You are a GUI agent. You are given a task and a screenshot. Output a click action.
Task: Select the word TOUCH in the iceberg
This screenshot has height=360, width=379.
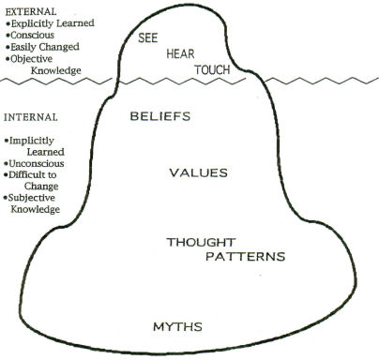coord(213,70)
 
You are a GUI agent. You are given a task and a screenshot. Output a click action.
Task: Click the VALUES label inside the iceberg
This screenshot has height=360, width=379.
coord(197,172)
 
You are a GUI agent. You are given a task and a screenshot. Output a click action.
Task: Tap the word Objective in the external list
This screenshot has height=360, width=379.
coord(37,58)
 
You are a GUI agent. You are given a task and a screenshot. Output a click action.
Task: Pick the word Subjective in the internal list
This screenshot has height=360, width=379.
coord(38,198)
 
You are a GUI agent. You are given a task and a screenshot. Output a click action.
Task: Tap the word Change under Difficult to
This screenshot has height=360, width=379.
coord(42,186)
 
